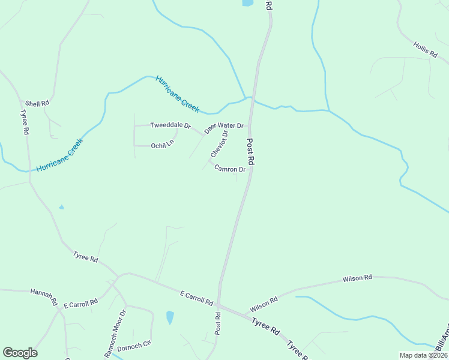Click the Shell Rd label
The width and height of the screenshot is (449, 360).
click(x=37, y=103)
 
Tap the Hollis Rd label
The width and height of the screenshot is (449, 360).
click(x=425, y=49)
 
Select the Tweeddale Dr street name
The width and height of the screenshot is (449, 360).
click(x=170, y=126)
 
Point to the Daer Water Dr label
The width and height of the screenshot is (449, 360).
click(x=223, y=127)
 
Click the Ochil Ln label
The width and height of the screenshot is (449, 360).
click(x=162, y=145)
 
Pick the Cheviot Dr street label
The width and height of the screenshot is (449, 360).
click(x=219, y=145)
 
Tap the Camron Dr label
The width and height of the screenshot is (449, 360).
click(x=230, y=169)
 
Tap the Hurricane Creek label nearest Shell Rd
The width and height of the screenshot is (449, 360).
click(x=58, y=155)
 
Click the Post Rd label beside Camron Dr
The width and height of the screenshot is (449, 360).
click(x=251, y=152)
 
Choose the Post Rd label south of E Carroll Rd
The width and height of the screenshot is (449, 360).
click(x=218, y=323)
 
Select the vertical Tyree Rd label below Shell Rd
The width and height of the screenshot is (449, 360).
click(x=25, y=122)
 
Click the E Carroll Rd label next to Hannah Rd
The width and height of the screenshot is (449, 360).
click(x=80, y=304)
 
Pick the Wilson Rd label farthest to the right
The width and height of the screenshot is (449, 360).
click(x=357, y=278)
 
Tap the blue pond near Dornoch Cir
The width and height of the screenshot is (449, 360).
click(x=170, y=317)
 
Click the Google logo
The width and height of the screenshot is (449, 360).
click(x=20, y=353)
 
